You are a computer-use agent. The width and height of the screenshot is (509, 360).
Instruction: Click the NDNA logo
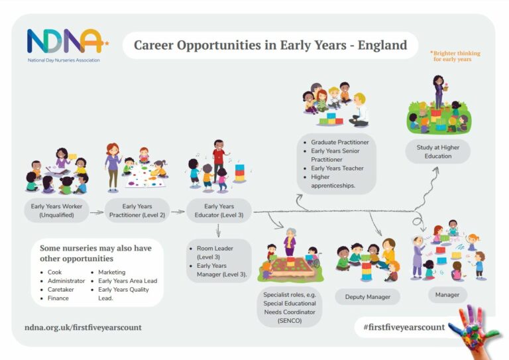point(65,44)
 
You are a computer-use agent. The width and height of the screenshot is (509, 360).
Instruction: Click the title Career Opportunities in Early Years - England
point(270,46)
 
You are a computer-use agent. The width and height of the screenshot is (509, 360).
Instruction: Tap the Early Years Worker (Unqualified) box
point(57,211)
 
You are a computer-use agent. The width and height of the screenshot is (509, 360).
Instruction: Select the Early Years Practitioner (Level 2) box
point(137,211)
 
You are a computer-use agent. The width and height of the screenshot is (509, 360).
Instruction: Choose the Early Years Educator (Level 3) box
point(219,211)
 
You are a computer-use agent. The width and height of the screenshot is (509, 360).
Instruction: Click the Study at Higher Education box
point(438,151)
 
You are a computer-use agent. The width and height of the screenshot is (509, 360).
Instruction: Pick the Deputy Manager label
point(367,296)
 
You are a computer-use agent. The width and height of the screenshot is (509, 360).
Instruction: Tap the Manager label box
point(447,294)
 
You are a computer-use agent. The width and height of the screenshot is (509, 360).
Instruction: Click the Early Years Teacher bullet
point(337,168)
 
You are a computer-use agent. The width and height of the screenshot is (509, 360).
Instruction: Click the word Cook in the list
point(54,272)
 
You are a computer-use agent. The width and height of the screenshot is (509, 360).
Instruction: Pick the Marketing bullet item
point(112,272)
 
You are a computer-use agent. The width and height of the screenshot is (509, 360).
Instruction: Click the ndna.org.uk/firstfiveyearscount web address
point(83,328)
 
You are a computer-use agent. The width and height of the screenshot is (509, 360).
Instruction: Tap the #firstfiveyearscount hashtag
point(404,328)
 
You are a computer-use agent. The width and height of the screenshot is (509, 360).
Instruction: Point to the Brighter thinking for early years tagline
point(456,56)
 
